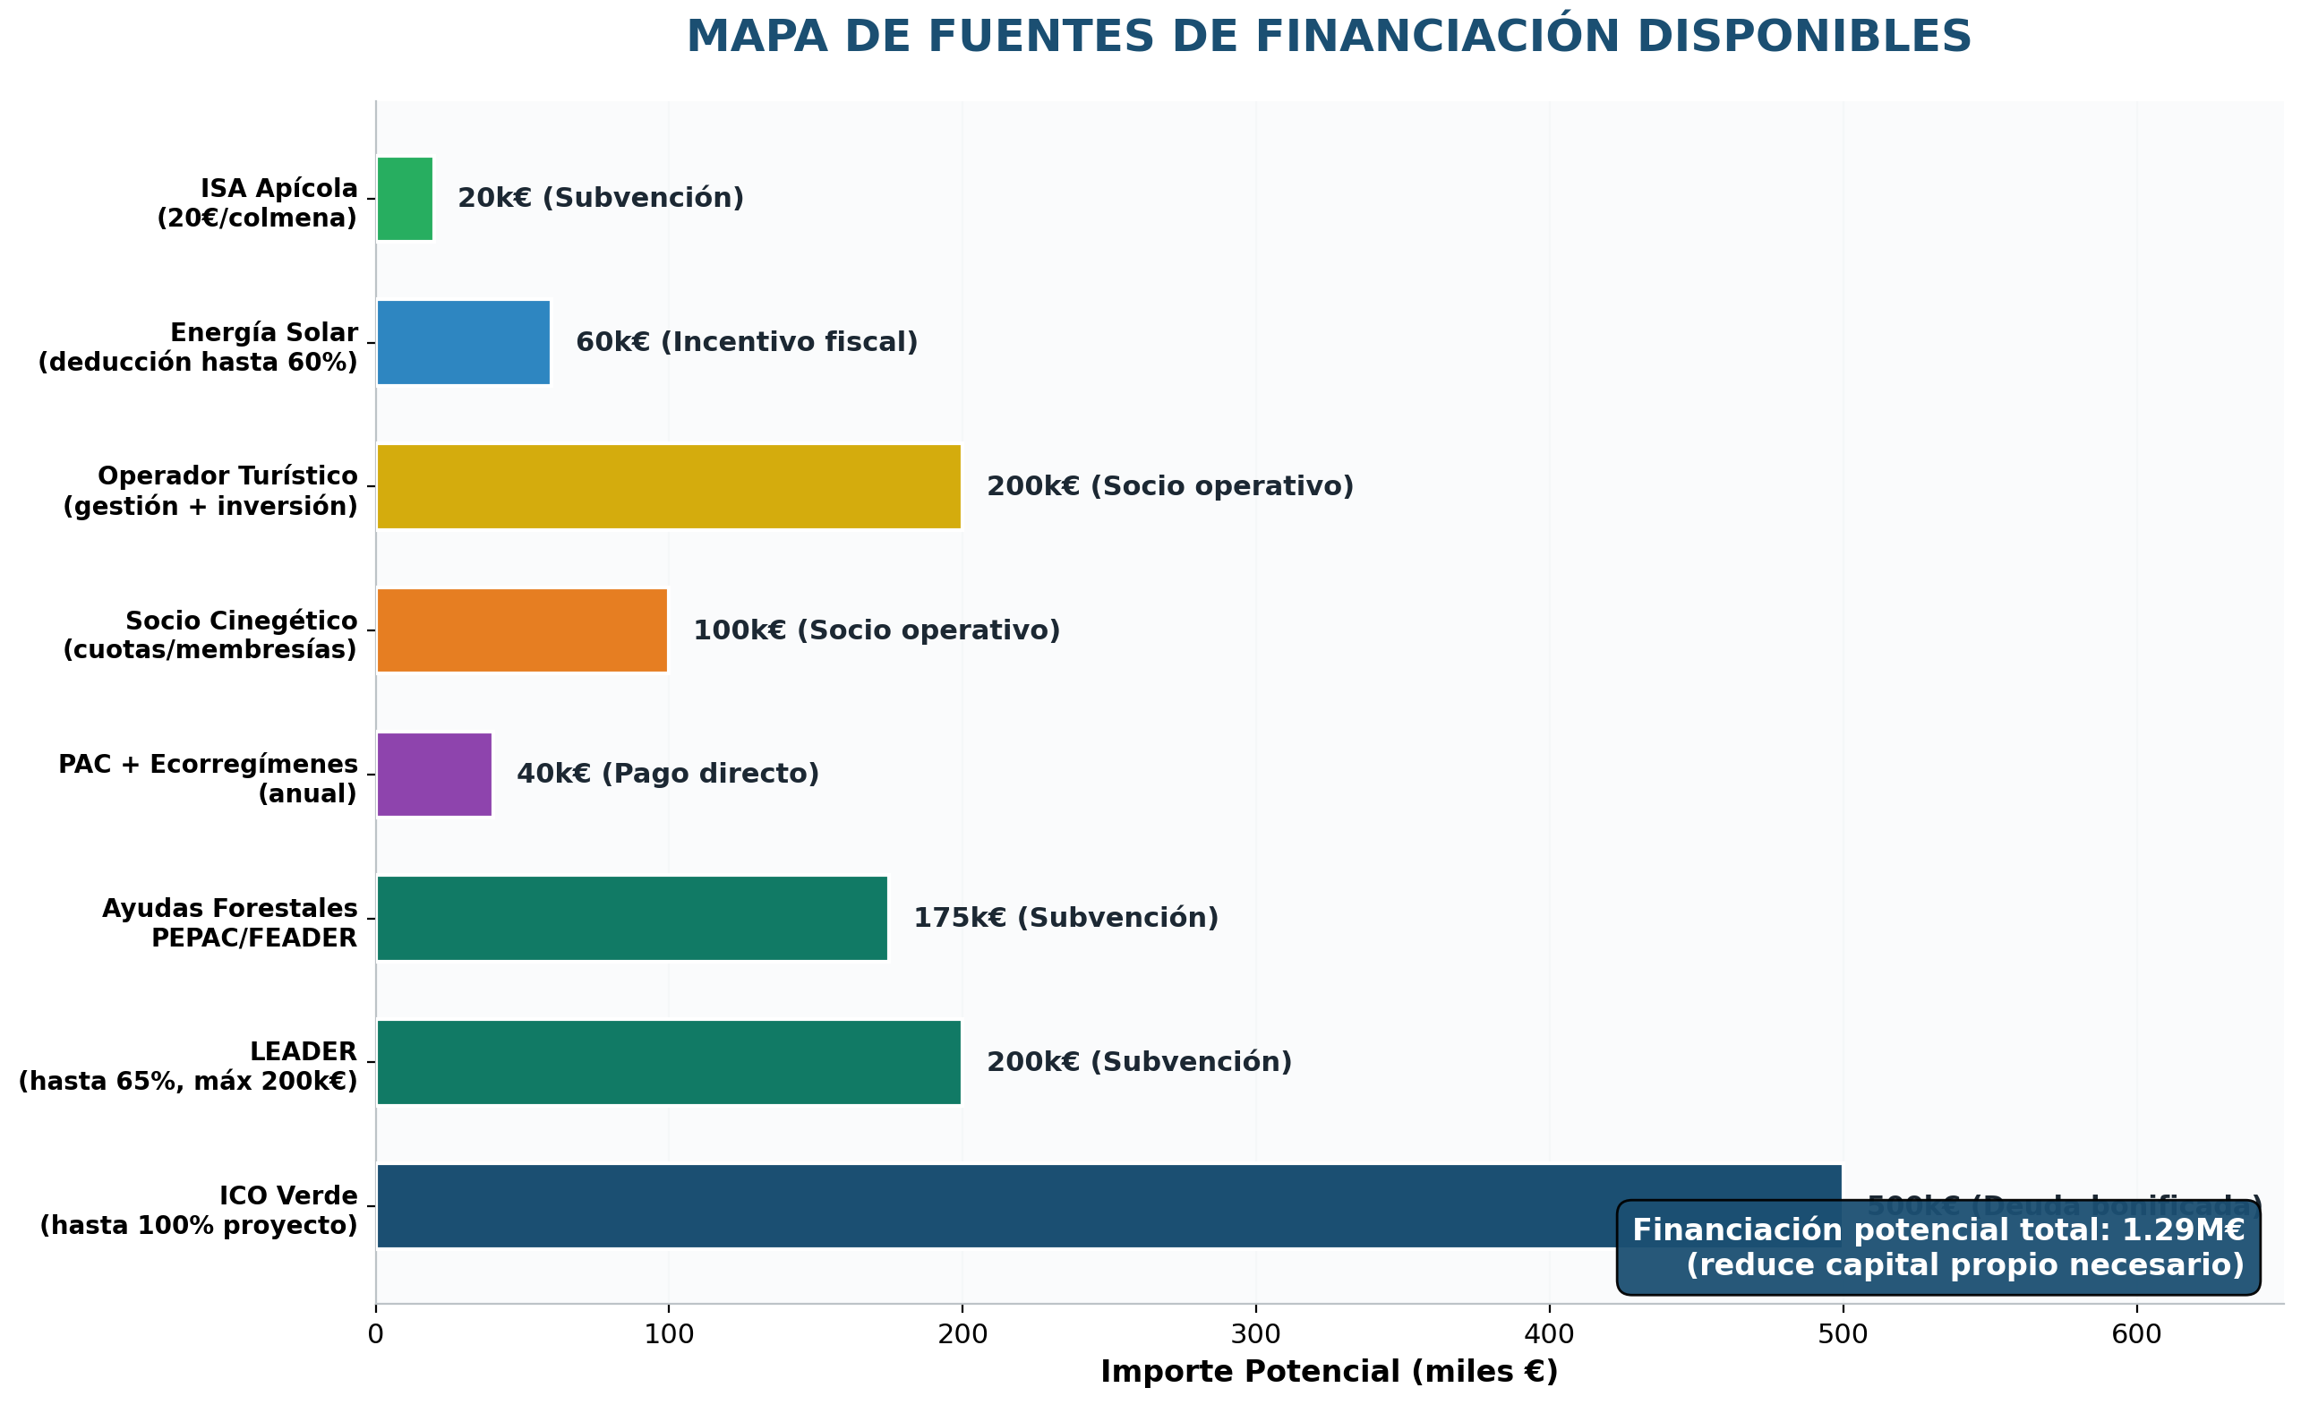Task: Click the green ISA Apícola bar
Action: [405, 199]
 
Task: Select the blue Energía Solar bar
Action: [463, 343]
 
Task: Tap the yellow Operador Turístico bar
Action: [669, 487]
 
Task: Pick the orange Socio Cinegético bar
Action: [522, 630]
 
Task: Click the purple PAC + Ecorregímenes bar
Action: [434, 775]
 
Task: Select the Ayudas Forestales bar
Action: [632, 918]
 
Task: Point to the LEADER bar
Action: [669, 1062]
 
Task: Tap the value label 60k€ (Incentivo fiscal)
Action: [746, 343]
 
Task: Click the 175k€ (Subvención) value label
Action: [1065, 918]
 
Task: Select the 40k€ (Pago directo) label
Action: [668, 775]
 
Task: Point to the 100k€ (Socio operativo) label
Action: [876, 630]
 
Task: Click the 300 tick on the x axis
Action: [1256, 1335]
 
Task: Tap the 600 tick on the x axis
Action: [2136, 1335]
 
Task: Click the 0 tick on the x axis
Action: [375, 1335]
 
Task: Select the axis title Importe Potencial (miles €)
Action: [1329, 1372]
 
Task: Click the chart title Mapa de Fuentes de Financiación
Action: [1329, 38]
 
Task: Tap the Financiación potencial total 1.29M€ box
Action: [1937, 1248]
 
